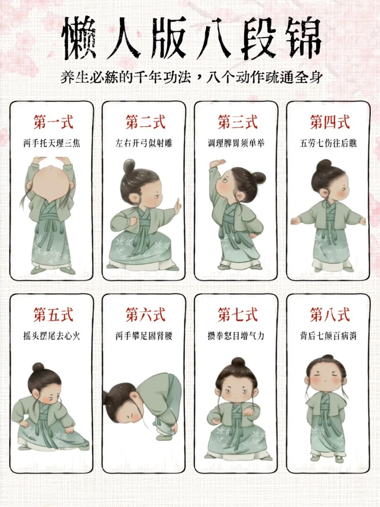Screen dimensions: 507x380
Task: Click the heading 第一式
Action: pyautogui.click(x=53, y=122)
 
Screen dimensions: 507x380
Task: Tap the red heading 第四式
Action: pyautogui.click(x=330, y=122)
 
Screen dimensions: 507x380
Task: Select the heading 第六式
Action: pyautogui.click(x=145, y=315)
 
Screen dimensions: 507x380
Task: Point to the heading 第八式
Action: pyautogui.click(x=330, y=315)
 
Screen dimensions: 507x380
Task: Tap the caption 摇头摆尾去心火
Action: pyautogui.click(x=52, y=336)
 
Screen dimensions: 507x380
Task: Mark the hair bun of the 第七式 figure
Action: pyautogui.click(x=238, y=362)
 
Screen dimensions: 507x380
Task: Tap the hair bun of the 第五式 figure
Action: pyautogui.click(x=38, y=367)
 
